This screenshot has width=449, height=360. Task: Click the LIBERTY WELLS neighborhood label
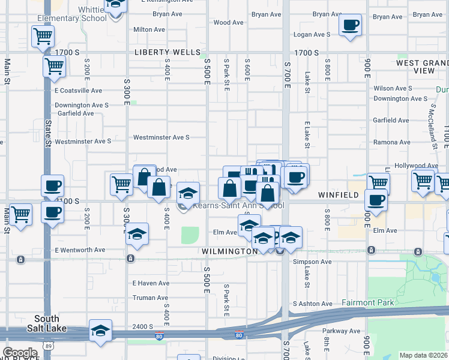click(x=167, y=52)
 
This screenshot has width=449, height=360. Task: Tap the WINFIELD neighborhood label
click(x=338, y=195)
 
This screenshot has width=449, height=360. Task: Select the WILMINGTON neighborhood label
click(x=229, y=251)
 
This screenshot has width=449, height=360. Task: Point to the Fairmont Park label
click(x=368, y=302)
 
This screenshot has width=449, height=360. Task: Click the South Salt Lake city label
click(x=46, y=323)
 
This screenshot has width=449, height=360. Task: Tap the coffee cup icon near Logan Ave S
click(x=350, y=26)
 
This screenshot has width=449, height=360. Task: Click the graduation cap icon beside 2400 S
click(x=100, y=331)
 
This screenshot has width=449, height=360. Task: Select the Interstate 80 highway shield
click(x=239, y=335)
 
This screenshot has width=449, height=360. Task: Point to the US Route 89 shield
click(x=47, y=346)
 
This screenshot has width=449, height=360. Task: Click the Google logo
click(x=20, y=352)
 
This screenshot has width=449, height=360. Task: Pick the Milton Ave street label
click(x=149, y=29)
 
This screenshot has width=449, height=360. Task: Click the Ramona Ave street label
click(x=391, y=142)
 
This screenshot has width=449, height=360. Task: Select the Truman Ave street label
click(x=150, y=298)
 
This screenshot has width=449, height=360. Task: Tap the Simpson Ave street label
click(x=312, y=262)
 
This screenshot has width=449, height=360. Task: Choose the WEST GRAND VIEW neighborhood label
click(x=422, y=67)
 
